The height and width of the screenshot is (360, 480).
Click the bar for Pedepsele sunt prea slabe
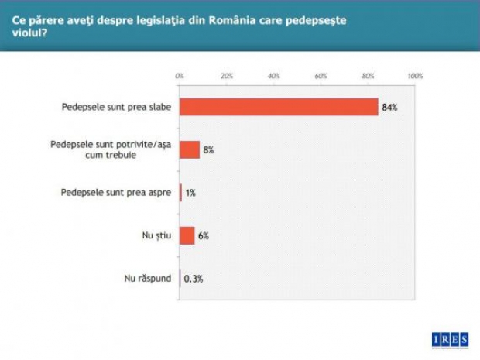(x=279, y=107)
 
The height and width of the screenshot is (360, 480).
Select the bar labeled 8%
(x=190, y=149)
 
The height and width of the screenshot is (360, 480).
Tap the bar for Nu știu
(x=187, y=235)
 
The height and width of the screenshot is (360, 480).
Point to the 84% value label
(x=389, y=107)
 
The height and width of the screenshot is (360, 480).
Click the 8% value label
(x=209, y=149)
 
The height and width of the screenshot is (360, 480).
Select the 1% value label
(x=190, y=193)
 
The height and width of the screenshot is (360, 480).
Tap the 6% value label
(x=204, y=235)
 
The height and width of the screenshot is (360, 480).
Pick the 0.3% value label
(x=194, y=279)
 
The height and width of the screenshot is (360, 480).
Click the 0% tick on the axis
(x=180, y=76)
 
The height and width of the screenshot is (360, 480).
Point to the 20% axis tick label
(x=227, y=76)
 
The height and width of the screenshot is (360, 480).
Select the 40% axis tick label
(x=273, y=76)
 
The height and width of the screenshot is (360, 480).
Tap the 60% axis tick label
(x=321, y=76)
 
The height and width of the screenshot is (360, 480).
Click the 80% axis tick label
(x=368, y=76)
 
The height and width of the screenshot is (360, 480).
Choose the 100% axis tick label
(x=414, y=76)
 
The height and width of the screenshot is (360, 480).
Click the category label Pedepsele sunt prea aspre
(x=117, y=193)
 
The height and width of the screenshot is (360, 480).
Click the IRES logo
(x=449, y=338)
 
